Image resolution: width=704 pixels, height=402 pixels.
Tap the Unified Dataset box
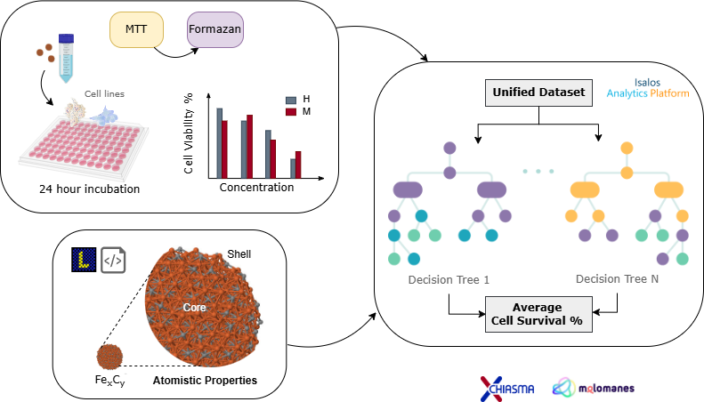(x=538, y=92)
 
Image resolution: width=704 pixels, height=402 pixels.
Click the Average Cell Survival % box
(x=539, y=314)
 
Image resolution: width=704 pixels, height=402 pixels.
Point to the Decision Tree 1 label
(x=448, y=279)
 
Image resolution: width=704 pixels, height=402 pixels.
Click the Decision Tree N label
(x=616, y=278)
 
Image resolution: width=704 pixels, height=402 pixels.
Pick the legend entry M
(x=296, y=112)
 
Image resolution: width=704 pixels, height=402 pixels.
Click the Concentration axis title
(x=256, y=188)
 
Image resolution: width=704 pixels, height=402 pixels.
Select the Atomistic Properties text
(x=205, y=381)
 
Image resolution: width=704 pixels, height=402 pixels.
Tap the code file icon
(x=113, y=259)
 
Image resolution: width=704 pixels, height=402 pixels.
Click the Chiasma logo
(x=508, y=383)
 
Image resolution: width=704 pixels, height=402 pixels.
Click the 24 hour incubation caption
(x=89, y=189)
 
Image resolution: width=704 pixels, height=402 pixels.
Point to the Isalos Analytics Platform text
(x=647, y=85)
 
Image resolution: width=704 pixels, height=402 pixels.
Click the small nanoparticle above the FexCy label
(x=109, y=357)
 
